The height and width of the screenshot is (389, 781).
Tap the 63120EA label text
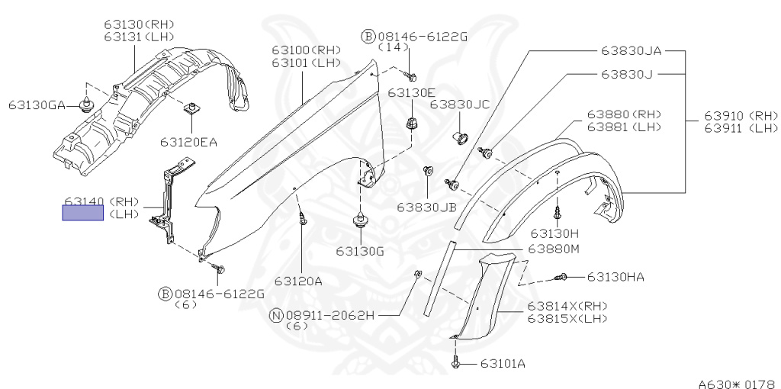coord(188,141)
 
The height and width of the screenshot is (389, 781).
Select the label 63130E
coord(412,92)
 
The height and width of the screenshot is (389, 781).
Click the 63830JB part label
coord(426,206)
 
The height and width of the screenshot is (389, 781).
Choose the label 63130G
coord(358,250)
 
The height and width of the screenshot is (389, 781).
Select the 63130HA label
coord(615,276)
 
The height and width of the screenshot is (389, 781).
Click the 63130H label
coord(555,233)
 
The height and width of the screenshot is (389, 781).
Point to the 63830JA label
coord(631,51)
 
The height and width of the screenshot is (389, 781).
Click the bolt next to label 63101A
coord(455,363)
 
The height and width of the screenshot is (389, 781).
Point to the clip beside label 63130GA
coord(87,104)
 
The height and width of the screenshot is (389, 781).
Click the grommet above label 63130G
coord(358,223)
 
